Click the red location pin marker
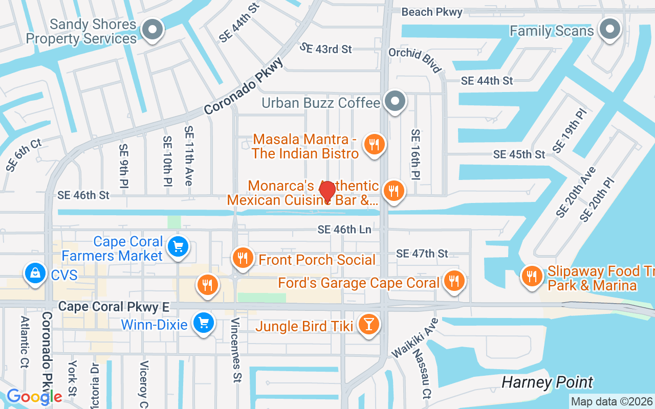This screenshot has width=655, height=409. [x=327, y=192]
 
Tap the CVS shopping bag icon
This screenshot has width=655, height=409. [x=35, y=274]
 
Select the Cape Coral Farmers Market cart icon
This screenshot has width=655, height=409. [x=178, y=247]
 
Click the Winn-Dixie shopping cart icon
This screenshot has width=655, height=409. [x=204, y=323]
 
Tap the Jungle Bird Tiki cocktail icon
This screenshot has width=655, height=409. [x=368, y=324]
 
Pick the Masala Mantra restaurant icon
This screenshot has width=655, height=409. [x=375, y=145]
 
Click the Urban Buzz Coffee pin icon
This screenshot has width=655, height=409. [x=395, y=101]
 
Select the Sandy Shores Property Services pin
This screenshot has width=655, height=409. [x=152, y=30]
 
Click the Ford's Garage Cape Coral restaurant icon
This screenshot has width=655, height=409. [x=453, y=280]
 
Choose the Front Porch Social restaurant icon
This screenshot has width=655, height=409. [x=243, y=258]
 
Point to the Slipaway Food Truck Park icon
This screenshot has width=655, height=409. [x=532, y=277]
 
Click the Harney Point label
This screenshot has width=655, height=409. [x=547, y=382]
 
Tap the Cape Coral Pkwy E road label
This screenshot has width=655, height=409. [x=114, y=306]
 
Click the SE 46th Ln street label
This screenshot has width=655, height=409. [x=344, y=230]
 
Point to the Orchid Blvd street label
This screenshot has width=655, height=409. [x=414, y=60]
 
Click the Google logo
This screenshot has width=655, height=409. [x=34, y=397]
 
